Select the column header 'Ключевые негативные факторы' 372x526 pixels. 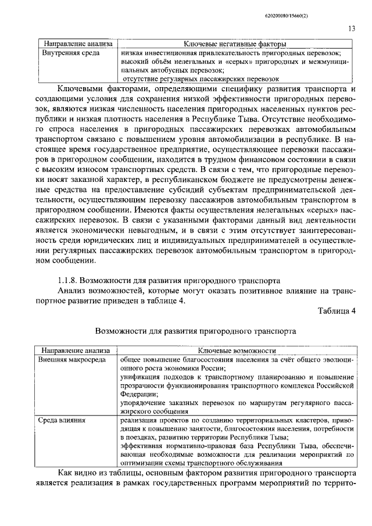234,44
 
